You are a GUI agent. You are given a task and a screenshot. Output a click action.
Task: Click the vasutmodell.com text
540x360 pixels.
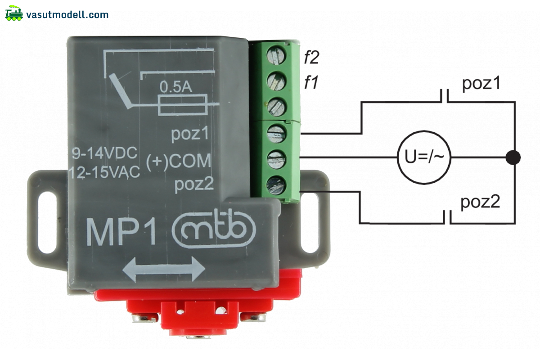coord(67,15)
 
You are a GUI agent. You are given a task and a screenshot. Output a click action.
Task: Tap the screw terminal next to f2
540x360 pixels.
coord(276,56)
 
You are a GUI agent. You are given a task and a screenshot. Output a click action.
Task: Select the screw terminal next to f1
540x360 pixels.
coord(276,81)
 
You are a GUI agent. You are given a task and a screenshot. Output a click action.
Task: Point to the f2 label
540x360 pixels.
coord(311,57)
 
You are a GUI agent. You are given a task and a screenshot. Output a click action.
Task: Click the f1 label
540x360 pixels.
coord(311,82)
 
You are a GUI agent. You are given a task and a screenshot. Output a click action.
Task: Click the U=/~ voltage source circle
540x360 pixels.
coord(424,157)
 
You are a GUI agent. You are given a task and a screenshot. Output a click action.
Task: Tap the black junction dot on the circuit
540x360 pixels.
coord(513,157)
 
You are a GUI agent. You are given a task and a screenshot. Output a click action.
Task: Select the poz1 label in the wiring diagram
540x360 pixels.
coord(481,83)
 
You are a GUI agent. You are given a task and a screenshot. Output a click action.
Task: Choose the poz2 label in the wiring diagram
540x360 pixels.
coord(480,202)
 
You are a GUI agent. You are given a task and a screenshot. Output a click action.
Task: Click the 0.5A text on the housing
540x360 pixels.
coord(176,87)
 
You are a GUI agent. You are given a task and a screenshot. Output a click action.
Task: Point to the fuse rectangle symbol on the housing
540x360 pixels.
coord(183,105)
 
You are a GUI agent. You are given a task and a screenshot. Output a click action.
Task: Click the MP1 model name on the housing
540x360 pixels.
coord(121,232)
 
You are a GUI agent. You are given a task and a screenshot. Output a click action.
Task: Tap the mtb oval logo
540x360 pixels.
coord(214,228)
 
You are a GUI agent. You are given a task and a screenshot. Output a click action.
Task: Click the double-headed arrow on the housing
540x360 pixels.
coord(164,269)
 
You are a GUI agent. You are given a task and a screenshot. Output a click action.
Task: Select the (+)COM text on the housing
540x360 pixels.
coord(179,161)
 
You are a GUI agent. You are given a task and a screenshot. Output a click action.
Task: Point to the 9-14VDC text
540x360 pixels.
coord(104,153)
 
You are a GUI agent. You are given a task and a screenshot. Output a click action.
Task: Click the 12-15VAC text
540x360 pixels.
coord(104,172)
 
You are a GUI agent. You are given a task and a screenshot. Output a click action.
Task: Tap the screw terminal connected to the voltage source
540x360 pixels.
coord(276,159)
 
